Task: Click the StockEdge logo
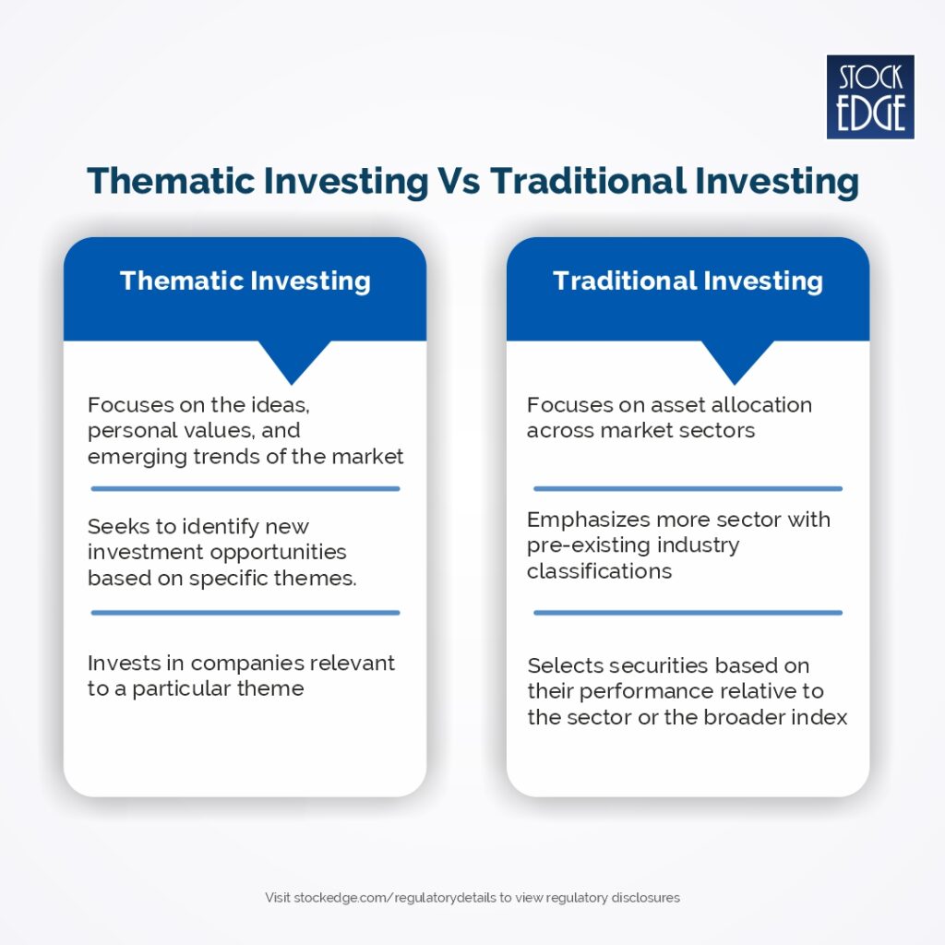[x=870, y=97]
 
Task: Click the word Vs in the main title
[x=459, y=181]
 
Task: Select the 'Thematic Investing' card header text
[x=245, y=281]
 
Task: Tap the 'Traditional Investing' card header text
[x=688, y=281]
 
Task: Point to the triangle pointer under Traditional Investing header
[x=736, y=360]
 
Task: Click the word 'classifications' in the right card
[x=600, y=570]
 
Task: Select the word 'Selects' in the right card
[x=565, y=665]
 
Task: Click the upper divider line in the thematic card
[x=245, y=489]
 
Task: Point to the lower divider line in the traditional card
[x=688, y=613]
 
